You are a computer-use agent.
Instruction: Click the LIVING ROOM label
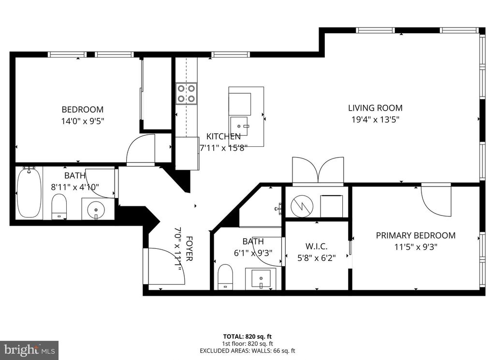pos(375,108)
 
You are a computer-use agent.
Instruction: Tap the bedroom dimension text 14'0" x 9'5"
pos(82,121)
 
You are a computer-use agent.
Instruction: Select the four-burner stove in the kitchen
pos(186,94)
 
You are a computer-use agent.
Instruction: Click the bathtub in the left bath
pos(29,192)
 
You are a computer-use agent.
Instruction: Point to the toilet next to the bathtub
pos(59,207)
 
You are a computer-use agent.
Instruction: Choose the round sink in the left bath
pos(96,209)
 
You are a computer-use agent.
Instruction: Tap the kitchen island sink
pos(239,126)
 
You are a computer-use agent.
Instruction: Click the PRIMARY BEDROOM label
pos(415,235)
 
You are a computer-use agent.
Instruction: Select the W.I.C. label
pos(316,246)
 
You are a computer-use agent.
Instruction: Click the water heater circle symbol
pos(302,206)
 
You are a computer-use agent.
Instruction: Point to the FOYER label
pos(189,249)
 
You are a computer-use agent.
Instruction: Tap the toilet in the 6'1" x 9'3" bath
pos(225,277)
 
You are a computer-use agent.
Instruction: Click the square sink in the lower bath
pos(261,278)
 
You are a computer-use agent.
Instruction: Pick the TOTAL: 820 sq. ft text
pos(247,336)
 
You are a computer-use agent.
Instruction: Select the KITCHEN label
pos(223,136)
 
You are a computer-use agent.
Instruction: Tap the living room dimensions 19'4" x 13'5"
pos(375,119)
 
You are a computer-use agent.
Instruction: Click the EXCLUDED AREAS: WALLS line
pos(247,350)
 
